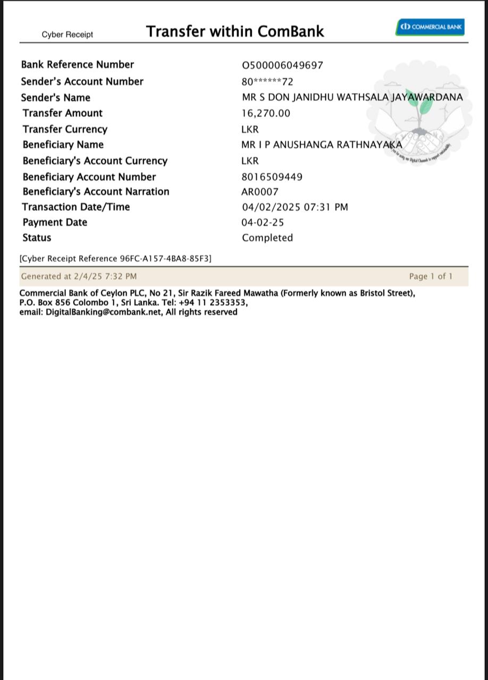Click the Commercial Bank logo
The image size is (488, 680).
tap(430, 27)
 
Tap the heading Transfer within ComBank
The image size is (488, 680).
tap(235, 31)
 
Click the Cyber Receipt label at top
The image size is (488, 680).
tap(68, 35)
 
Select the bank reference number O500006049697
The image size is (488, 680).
tap(282, 65)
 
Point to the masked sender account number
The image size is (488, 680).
tap(267, 82)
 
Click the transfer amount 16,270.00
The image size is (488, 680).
tap(266, 113)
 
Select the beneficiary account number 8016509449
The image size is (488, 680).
tap(272, 177)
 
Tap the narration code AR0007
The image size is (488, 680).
tap(259, 192)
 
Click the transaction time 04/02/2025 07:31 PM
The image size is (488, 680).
tap(295, 207)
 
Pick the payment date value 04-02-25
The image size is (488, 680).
tap(263, 223)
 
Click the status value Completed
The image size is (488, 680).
tap(267, 238)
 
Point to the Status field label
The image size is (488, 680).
tap(37, 238)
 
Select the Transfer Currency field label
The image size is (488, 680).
tap(65, 129)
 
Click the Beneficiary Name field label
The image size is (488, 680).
tap(63, 144)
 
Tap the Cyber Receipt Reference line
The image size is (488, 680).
tap(115, 259)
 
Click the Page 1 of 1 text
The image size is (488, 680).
tap(431, 276)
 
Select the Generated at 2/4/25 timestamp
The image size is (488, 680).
tap(79, 276)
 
